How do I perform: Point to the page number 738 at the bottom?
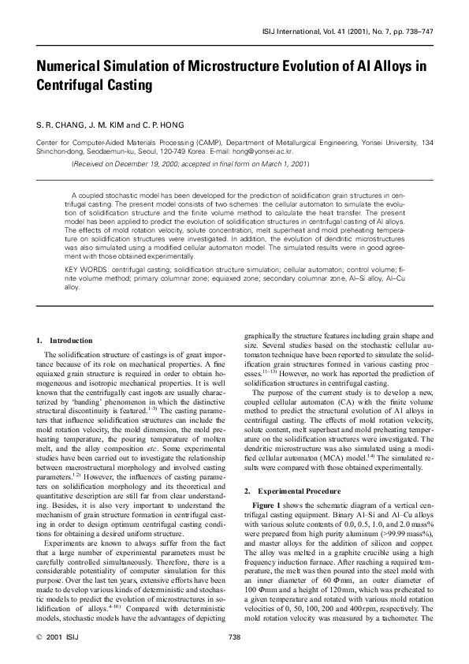click(234, 637)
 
